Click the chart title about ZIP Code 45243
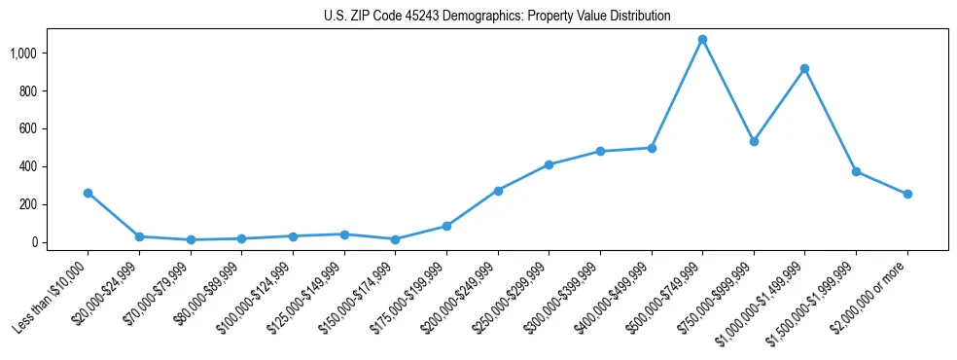click(x=497, y=17)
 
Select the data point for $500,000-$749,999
click(x=702, y=40)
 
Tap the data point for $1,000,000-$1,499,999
click(x=804, y=68)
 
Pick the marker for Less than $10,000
click(x=88, y=193)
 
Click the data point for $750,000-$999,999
click(x=754, y=141)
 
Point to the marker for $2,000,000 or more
click(x=907, y=194)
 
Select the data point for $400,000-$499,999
click(x=651, y=148)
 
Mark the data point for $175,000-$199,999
click(x=446, y=226)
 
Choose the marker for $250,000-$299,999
click(x=549, y=164)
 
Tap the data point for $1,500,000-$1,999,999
click(x=856, y=171)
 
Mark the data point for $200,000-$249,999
click(x=498, y=191)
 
